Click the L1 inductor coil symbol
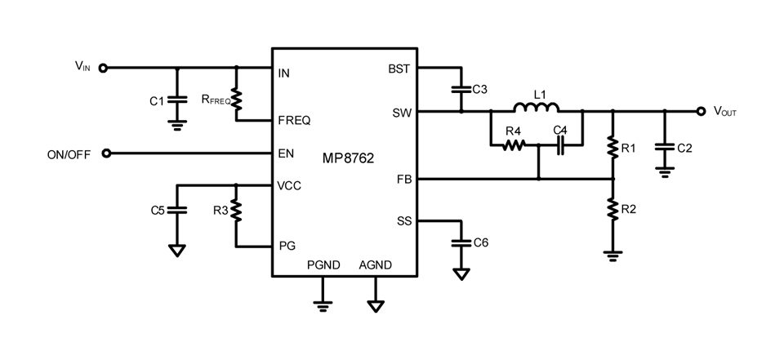tap(537, 107)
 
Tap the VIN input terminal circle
tap(103, 68)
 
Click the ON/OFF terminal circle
tap(105, 153)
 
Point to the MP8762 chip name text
tap(348, 159)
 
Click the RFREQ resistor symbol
tap(237, 100)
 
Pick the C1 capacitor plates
tap(176, 99)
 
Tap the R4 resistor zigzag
tap(513, 145)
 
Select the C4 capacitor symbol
tap(560, 145)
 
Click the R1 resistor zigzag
tap(613, 146)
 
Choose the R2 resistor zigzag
tap(613, 209)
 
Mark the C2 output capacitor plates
tap(665, 149)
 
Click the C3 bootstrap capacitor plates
tap(461, 90)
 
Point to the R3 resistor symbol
tap(237, 211)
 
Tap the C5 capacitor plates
tap(176, 210)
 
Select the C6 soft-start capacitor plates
tap(461, 242)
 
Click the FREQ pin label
tap(295, 121)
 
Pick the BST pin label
tap(399, 69)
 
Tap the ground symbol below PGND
tap(323, 305)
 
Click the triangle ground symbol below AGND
tap(376, 306)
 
